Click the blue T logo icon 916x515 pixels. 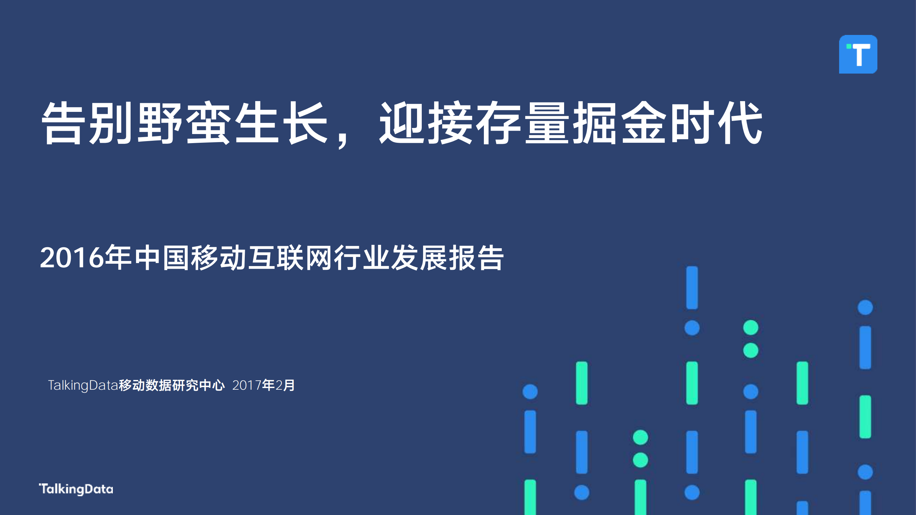point(858,54)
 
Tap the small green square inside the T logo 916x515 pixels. point(849,46)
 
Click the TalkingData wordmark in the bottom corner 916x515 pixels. point(76,489)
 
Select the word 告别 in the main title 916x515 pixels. point(88,123)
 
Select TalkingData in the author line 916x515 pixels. point(83,386)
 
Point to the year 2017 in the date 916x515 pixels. point(247,386)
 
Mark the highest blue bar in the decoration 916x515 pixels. point(692,287)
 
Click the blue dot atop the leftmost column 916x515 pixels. point(530,392)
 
